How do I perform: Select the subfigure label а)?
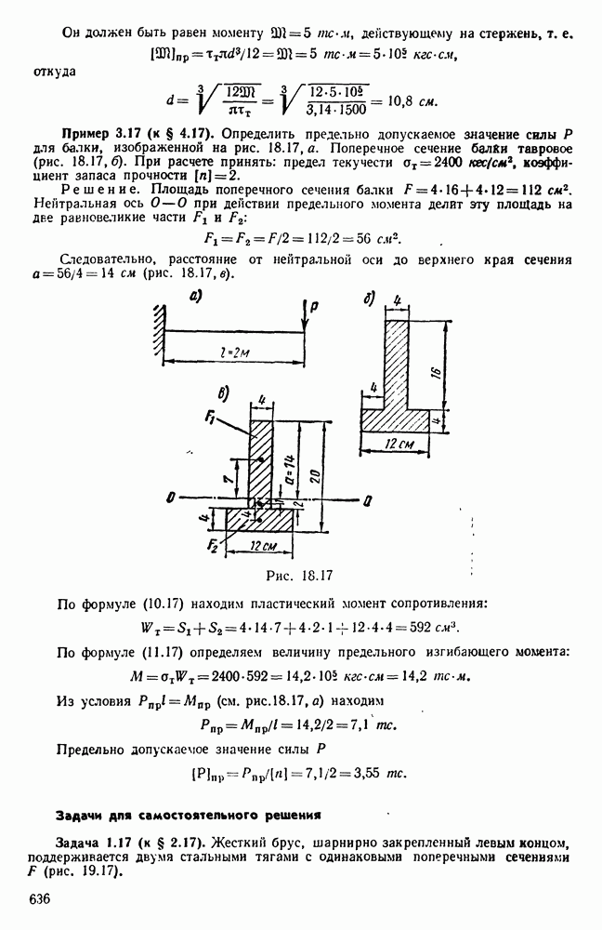[x=196, y=298]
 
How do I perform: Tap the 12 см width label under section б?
[x=402, y=445]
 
